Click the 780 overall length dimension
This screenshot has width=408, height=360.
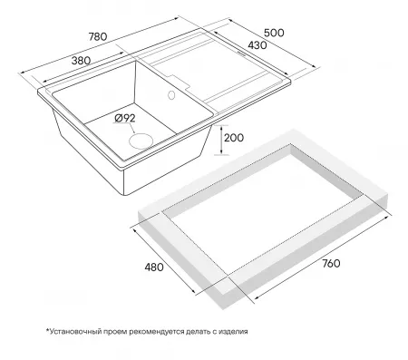pos(98,36)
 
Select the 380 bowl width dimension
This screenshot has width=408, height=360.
pos(81,61)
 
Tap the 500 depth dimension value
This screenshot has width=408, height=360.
pos(274,33)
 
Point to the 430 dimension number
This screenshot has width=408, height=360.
pos(257,45)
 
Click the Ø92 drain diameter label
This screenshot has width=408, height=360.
pos(125,119)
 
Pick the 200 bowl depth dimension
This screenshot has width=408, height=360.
pos(234,138)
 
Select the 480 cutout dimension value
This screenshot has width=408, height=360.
pos(154,268)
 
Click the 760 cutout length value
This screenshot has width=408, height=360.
pos(331,264)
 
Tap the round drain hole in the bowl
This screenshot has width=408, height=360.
pos(141,141)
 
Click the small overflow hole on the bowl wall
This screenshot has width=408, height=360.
pos(171,95)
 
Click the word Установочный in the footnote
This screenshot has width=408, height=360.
pos(75,332)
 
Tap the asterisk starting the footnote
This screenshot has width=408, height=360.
pos(47,330)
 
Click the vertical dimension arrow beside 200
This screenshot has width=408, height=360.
pos(221,140)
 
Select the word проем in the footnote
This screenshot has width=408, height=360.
pos(115,332)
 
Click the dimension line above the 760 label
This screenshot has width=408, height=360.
pos(322,258)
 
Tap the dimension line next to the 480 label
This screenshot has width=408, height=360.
pos(164,260)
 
